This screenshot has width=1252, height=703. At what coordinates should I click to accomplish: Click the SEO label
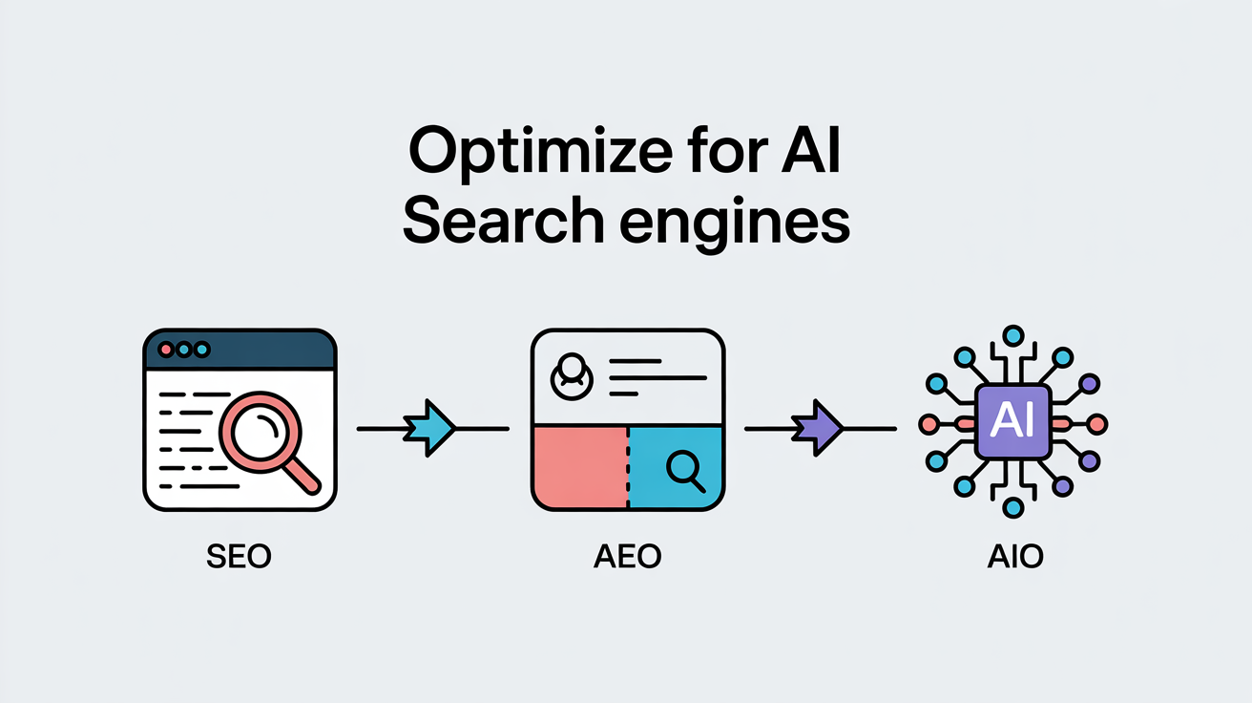tap(239, 557)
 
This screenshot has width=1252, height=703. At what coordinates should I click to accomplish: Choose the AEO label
tap(627, 557)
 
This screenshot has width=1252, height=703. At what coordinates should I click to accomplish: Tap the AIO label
tap(1012, 557)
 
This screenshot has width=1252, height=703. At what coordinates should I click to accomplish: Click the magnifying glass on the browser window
tap(261, 432)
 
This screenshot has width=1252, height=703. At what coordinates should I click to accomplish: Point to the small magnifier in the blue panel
tap(684, 467)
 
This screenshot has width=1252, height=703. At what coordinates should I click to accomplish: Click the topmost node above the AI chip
tap(1013, 334)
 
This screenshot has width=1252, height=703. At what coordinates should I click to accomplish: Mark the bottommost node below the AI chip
tap(1013, 507)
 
